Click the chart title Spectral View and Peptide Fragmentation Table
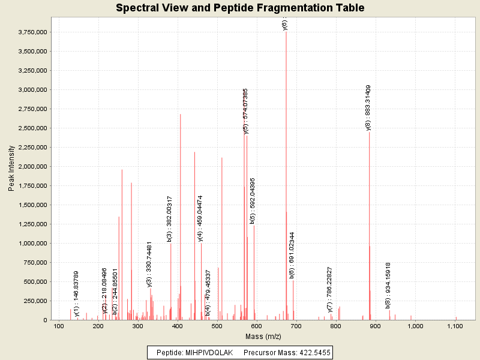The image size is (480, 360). point(240,8)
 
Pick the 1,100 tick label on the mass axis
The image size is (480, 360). point(455,326)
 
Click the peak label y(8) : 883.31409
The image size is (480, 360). point(368,107)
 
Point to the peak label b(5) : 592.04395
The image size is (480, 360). point(253,200)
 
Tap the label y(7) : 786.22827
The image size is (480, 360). point(330,290)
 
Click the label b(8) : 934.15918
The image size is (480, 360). point(388,286)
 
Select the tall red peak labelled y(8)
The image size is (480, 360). point(369,228)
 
